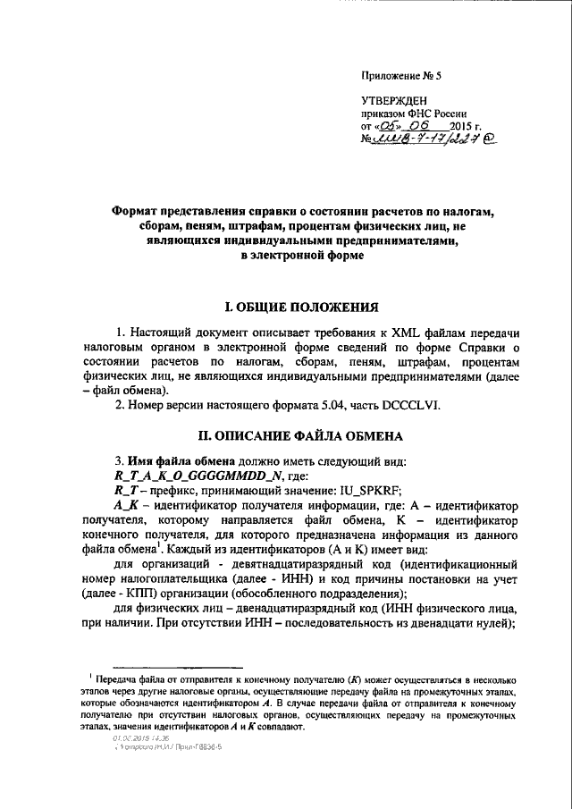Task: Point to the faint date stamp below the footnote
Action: pos(132,738)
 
